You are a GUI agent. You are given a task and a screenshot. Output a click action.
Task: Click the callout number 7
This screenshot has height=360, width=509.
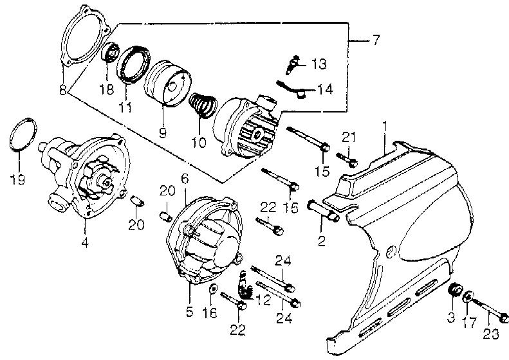point(375,40)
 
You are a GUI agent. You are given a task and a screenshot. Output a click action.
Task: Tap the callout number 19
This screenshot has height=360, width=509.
point(17,179)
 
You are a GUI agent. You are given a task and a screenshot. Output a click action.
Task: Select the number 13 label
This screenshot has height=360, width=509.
point(319,64)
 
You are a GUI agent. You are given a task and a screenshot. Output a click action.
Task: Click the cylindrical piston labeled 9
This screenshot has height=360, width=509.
point(167,84)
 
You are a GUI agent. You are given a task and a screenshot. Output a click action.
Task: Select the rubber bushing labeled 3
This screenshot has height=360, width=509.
point(455,289)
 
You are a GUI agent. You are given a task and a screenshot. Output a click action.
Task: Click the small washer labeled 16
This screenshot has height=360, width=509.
point(213,287)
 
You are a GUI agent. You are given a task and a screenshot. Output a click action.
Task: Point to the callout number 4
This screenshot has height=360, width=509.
point(85,242)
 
